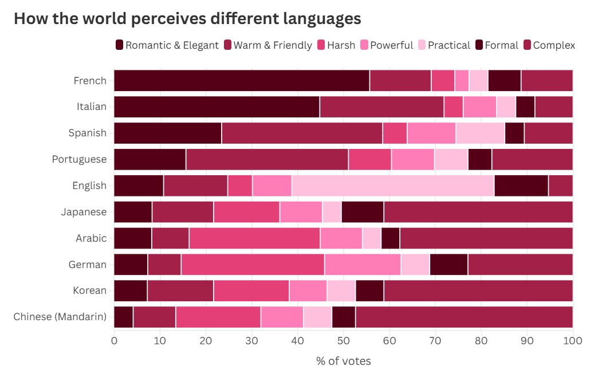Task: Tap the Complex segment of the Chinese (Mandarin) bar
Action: coord(464,317)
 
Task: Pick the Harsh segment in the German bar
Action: coord(253,265)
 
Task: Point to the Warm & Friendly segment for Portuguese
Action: coord(267,159)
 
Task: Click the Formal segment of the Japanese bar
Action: coord(362,212)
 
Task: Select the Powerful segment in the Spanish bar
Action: coord(431,133)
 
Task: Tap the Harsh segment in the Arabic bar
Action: coord(254,238)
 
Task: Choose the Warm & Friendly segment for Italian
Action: coord(381,107)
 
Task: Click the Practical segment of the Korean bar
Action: coord(341,291)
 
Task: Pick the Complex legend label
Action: coord(554,45)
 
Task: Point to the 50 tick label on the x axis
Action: coord(344,341)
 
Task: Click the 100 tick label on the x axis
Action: coord(573,341)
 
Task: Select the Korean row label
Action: coord(89,290)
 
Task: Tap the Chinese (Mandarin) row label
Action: coord(60,317)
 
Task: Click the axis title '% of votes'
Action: coord(343,361)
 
